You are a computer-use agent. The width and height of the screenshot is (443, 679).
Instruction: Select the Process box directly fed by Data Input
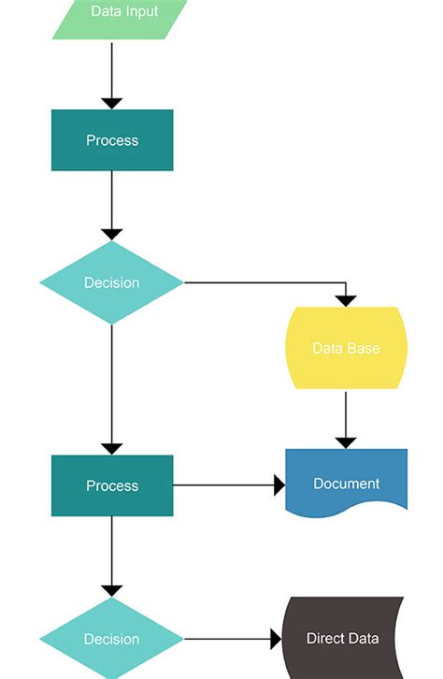112,140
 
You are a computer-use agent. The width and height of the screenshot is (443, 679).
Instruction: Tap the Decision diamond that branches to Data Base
112,282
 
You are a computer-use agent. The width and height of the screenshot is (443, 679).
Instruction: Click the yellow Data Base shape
346,348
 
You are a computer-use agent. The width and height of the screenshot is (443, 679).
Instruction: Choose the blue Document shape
346,482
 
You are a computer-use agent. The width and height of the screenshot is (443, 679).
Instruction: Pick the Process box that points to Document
112,485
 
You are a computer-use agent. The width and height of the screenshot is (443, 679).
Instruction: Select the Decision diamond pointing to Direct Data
112,639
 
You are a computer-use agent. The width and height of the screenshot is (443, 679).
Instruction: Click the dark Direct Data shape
343,638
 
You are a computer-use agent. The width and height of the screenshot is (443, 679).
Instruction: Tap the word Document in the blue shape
346,484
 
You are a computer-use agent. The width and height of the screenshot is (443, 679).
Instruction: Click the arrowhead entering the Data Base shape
346,300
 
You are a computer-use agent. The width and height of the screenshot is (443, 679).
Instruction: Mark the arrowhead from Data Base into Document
346,441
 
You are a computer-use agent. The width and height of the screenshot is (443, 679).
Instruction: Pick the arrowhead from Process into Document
279,485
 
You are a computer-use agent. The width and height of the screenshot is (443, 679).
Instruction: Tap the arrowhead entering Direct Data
276,639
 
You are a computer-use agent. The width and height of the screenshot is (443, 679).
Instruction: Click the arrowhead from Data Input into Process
112,103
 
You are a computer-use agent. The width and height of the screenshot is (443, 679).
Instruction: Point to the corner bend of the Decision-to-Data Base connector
346,282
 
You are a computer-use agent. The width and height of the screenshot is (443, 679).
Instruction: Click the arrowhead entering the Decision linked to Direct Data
112,590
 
